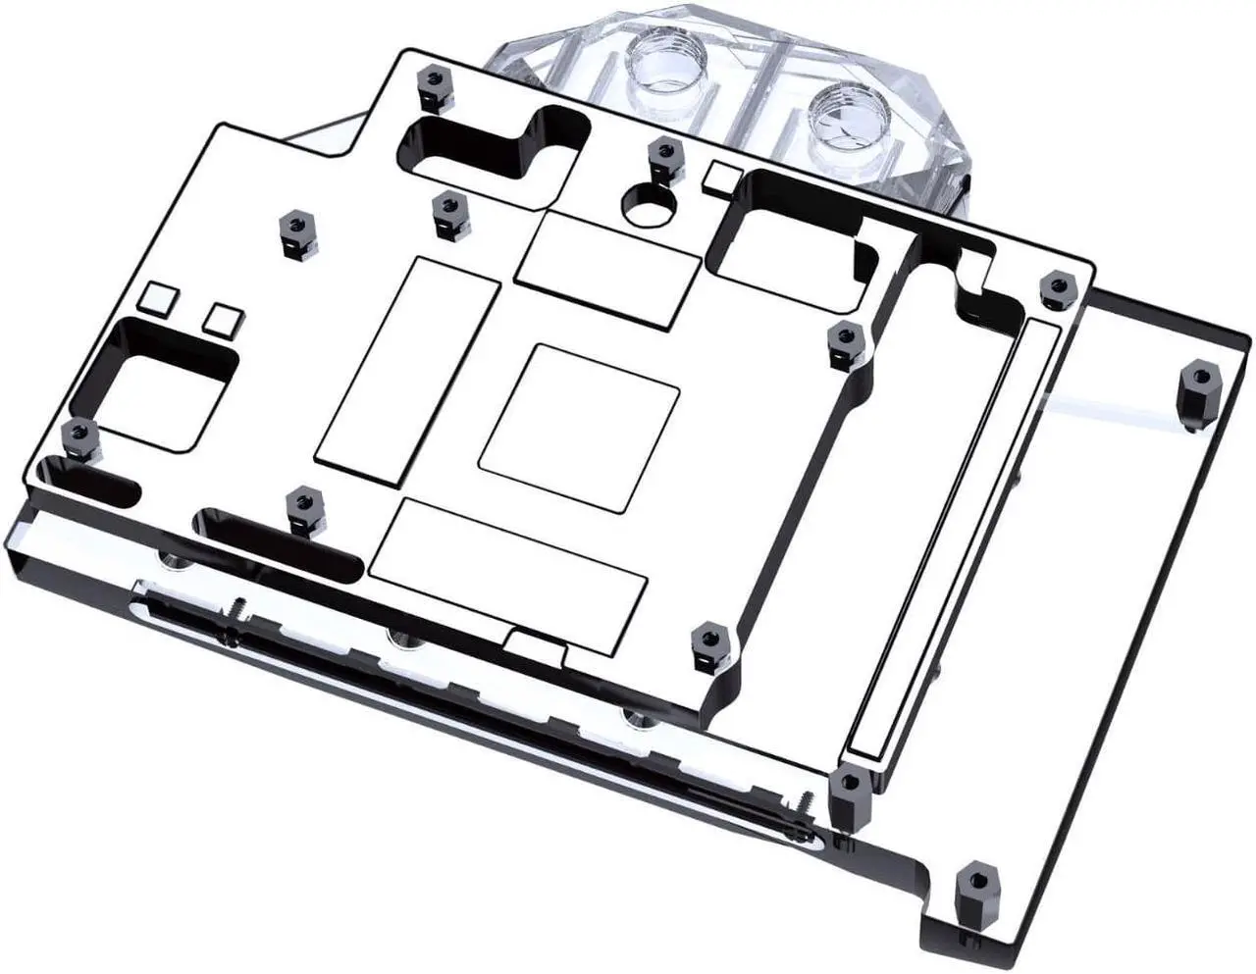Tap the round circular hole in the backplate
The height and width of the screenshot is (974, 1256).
(649, 202)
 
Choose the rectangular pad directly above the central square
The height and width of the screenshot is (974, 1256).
(609, 266)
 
